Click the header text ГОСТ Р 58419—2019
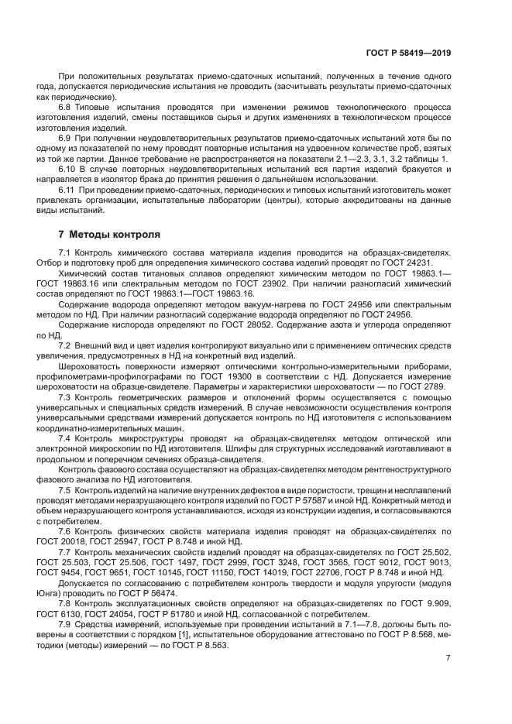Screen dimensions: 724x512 pos(409,53)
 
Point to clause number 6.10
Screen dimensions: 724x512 pos(68,168)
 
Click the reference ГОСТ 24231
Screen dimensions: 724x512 pos(426,262)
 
